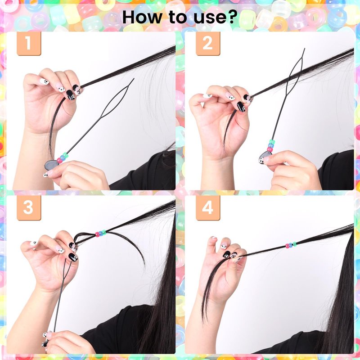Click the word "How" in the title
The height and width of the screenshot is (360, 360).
142,17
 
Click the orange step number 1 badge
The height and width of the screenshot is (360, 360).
29,43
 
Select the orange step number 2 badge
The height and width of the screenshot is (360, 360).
208,43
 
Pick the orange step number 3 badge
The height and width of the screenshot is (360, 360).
29,208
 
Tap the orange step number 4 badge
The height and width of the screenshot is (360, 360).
208,208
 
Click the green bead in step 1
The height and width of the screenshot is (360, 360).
65,155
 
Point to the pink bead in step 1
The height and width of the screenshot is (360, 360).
60,160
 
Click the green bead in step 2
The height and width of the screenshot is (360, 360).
272,142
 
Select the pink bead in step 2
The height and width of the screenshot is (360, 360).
270,149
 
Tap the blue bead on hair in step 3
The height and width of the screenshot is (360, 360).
100,233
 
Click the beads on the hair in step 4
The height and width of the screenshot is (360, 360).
291,245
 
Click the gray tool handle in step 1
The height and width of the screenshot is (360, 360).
50,165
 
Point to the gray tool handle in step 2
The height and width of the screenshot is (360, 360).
264,157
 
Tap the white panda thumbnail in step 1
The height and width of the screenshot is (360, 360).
44,81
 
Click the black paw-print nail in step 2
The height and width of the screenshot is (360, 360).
241,107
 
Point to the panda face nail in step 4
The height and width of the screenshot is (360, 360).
224,247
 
